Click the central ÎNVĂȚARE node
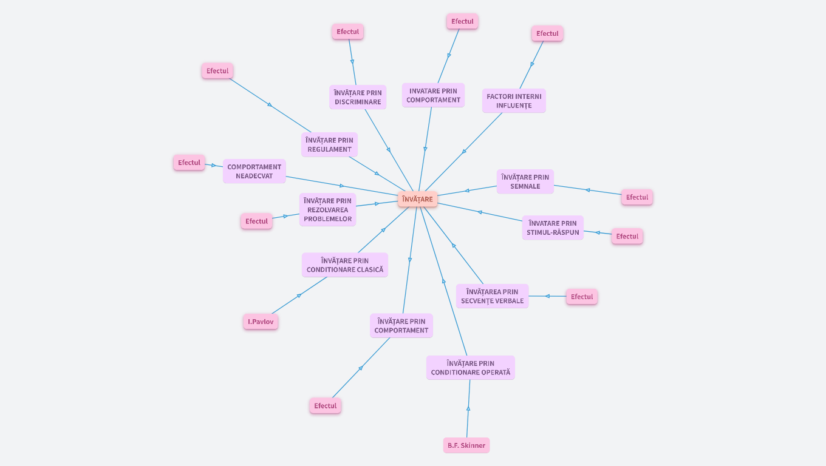[417, 199]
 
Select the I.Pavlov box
[261, 322]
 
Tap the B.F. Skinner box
[466, 445]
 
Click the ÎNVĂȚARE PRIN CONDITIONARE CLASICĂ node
[345, 265]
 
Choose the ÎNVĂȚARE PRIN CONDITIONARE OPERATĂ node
[471, 368]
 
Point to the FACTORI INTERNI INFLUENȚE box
[514, 101]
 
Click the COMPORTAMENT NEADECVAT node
[254, 171]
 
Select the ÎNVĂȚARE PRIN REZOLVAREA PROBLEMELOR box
[328, 209]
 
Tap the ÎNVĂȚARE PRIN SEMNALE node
[525, 181]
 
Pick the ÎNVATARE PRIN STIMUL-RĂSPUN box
[553, 228]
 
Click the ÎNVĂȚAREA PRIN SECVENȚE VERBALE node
[492, 296]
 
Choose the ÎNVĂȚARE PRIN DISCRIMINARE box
[358, 97]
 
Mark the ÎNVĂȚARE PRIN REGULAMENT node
[329, 144]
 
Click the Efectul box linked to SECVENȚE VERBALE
[582, 297]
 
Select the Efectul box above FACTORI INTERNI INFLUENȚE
[547, 33]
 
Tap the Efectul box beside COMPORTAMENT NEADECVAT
[189, 163]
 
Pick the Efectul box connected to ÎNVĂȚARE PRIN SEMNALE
[637, 197]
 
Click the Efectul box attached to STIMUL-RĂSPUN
[627, 236]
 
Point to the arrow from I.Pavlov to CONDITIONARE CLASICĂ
[299, 295]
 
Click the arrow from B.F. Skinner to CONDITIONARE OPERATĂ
[468, 408]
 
